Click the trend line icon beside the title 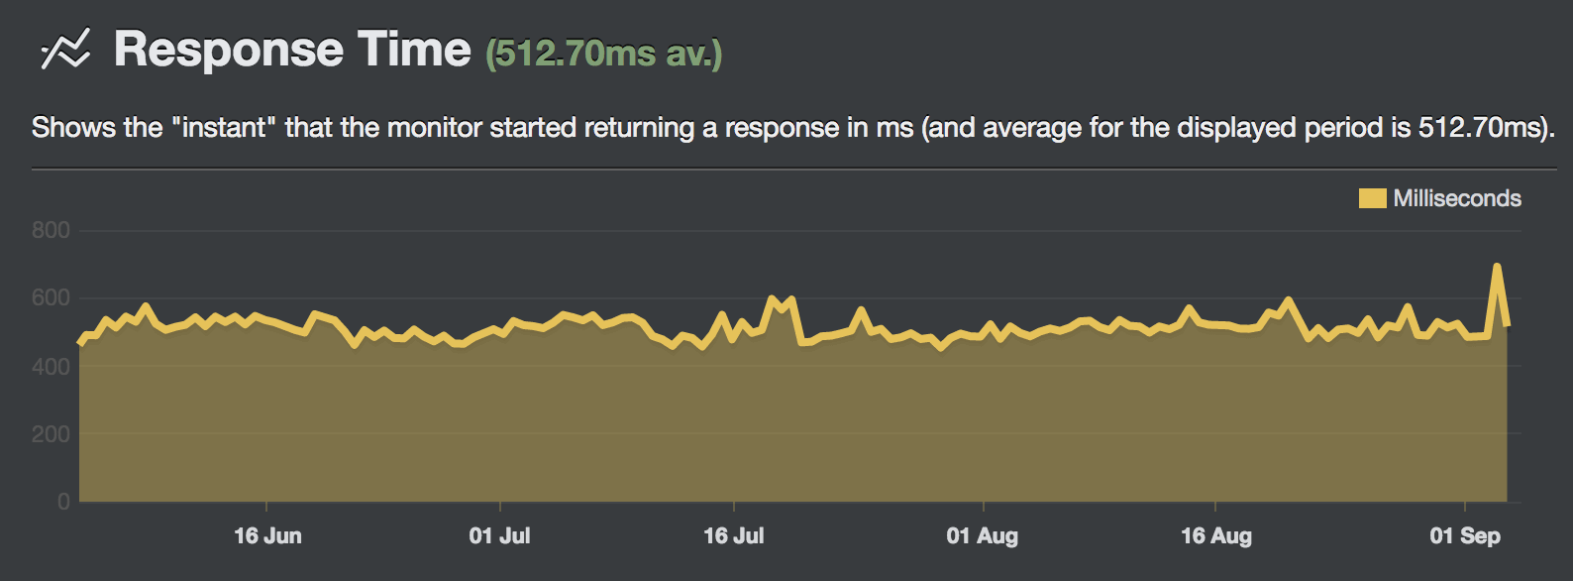[x=65, y=50]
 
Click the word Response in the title [x=230, y=50]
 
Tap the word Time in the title [x=414, y=50]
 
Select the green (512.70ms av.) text [x=603, y=54]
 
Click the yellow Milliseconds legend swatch [x=1372, y=198]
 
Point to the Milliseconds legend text [x=1457, y=198]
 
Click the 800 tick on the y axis [x=51, y=230]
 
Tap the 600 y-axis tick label [x=51, y=297]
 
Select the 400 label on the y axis [x=51, y=366]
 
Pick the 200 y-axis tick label [x=51, y=433]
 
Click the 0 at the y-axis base [x=63, y=501]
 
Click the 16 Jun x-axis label [x=267, y=536]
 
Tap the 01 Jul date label [x=499, y=536]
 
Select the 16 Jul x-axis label [x=733, y=536]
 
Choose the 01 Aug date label [x=982, y=536]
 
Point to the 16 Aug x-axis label [x=1215, y=536]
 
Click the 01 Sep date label [x=1464, y=536]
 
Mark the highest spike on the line [x=1497, y=266]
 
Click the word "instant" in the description [x=224, y=128]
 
